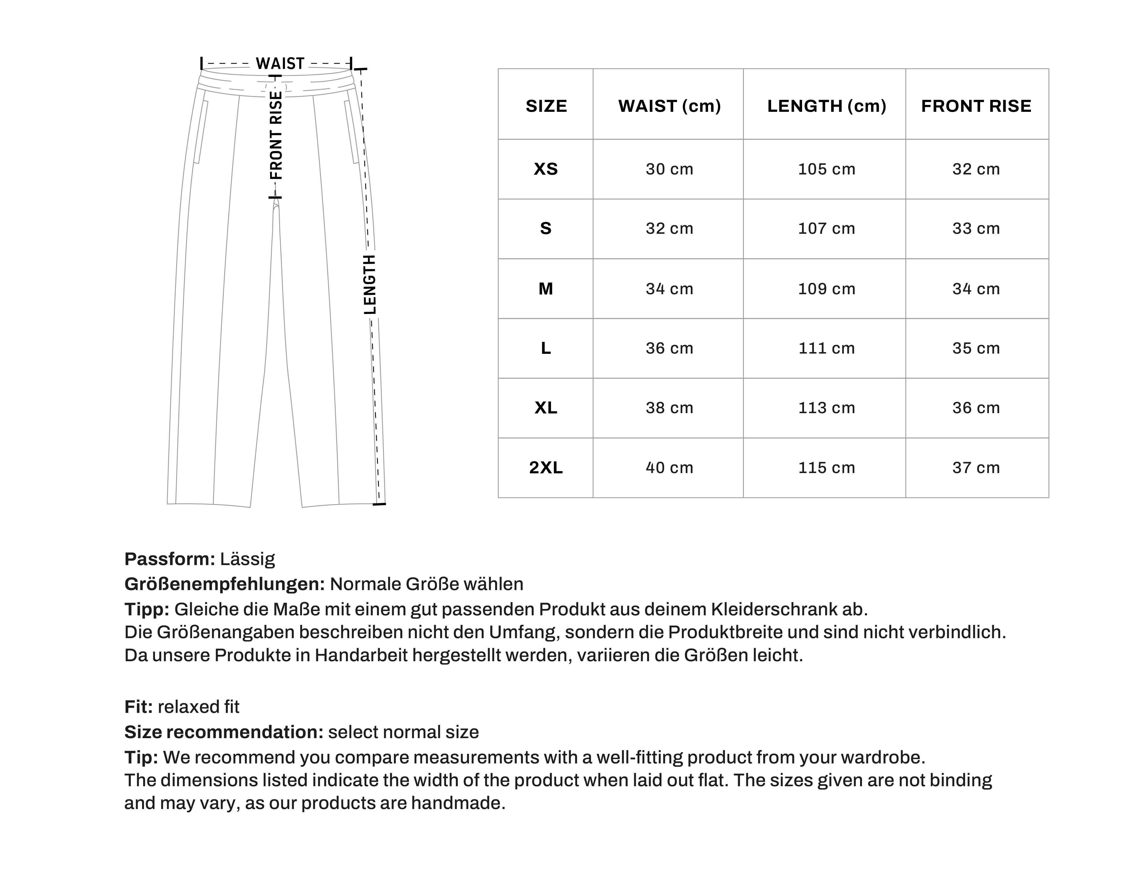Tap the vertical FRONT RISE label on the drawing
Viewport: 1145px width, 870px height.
276,136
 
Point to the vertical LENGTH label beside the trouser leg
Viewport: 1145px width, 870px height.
370,285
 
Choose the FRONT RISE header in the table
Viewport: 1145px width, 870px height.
976,106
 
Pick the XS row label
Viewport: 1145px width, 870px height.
546,169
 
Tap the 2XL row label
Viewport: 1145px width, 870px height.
546,468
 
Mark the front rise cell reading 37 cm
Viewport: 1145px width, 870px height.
976,468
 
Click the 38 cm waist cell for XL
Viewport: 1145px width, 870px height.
669,408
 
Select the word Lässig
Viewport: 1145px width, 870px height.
248,559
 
